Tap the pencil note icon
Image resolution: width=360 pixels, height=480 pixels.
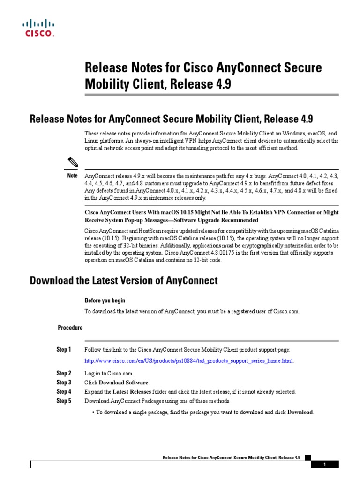point(73,163)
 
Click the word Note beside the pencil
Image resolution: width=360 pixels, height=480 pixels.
point(72,176)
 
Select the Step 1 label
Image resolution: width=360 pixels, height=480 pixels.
point(64,350)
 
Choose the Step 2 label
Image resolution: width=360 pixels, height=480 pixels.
point(64,374)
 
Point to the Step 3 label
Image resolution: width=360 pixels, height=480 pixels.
point(64,382)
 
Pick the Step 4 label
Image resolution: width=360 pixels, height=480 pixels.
point(64,391)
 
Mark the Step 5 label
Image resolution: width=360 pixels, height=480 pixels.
point(64,401)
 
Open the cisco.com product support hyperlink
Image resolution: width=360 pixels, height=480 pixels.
point(189,361)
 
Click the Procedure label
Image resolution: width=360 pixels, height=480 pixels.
point(70,328)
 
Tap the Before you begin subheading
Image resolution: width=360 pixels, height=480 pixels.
point(105,300)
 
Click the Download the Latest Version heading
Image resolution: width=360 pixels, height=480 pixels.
point(124,281)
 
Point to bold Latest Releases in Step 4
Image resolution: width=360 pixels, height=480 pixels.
point(132,392)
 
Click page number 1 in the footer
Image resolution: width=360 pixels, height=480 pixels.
point(324,464)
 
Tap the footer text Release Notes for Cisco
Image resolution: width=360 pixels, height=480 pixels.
point(231,457)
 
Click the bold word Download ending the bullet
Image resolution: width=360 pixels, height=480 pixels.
point(300,412)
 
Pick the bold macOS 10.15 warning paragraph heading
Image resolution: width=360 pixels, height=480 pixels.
point(211,216)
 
